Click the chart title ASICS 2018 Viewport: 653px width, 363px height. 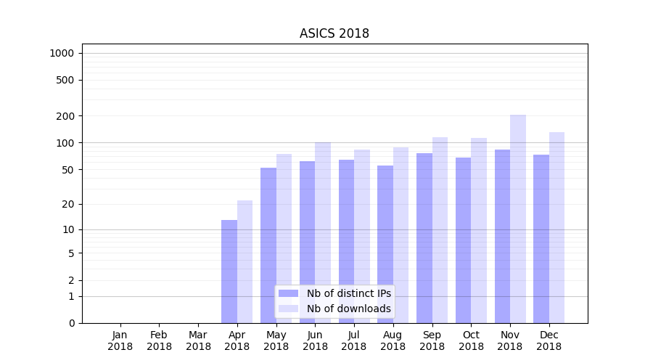coord(334,34)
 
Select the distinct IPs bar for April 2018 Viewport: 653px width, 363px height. coord(229,272)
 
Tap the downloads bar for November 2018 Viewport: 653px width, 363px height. coord(518,218)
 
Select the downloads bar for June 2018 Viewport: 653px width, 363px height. coord(323,232)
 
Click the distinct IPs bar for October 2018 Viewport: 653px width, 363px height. coord(463,240)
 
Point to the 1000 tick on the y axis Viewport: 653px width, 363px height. coord(62,53)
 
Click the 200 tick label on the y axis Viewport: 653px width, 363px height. coord(65,116)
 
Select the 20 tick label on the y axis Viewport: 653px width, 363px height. coord(67,204)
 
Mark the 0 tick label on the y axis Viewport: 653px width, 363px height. coord(71,323)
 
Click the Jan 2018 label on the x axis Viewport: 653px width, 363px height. coord(120,340)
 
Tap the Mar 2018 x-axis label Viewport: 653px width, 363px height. coord(198,340)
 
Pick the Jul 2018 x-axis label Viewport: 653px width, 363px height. coord(354,340)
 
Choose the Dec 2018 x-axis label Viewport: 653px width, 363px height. coord(549,340)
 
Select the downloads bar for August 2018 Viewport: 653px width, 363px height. coord(401,235)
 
